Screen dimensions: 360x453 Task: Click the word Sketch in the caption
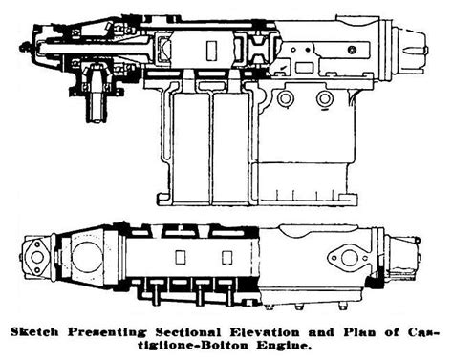[x=35, y=332]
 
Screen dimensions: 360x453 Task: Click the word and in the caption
[x=310, y=332]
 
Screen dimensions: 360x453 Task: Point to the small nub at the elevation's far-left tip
[x=20, y=42]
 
